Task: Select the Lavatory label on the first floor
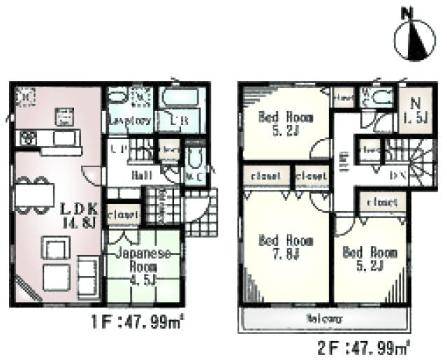(x=129, y=121)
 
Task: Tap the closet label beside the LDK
(x=123, y=215)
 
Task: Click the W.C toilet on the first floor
(x=194, y=166)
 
